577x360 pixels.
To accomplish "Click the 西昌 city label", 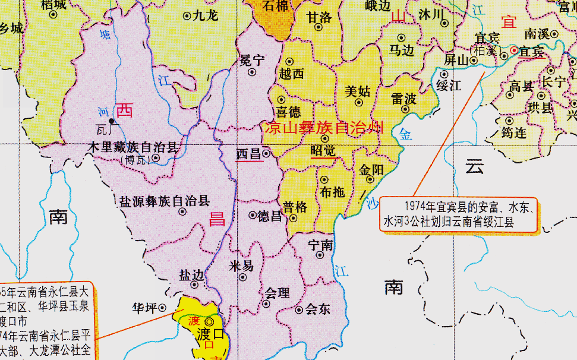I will coord(248,154).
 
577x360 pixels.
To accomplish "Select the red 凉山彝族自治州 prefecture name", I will coord(323,127).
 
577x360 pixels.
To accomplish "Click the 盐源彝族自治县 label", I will coord(165,201).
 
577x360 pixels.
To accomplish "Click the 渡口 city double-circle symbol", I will coord(209,322).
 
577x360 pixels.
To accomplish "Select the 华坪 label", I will coord(144,308).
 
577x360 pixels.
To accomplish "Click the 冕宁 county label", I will coord(251,59).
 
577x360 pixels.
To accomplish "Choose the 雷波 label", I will coord(403,99).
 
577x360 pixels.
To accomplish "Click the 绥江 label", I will coord(449,85).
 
